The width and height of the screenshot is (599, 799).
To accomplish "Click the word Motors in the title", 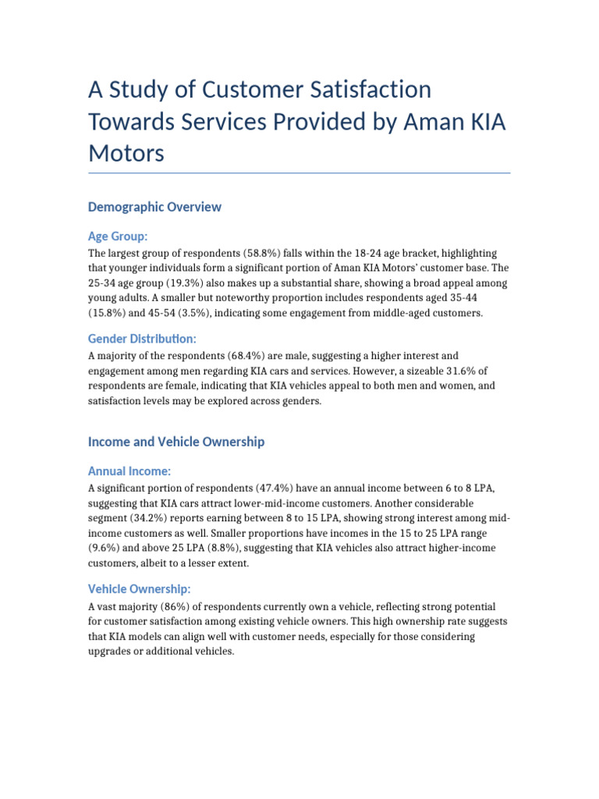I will pyautogui.click(x=126, y=153).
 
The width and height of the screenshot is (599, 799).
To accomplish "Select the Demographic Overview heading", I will pyautogui.click(x=154, y=207).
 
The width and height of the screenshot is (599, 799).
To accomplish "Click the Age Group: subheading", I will pyautogui.click(x=118, y=236).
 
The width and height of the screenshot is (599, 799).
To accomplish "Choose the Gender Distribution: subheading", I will pyautogui.click(x=142, y=338).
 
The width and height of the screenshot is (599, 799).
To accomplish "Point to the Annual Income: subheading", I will pyautogui.click(x=129, y=471).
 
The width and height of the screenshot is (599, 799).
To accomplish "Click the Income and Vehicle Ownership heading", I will pyautogui.click(x=176, y=442).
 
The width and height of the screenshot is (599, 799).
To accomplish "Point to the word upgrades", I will pyautogui.click(x=112, y=652).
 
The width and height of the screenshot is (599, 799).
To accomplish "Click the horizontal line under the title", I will pyautogui.click(x=299, y=173).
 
